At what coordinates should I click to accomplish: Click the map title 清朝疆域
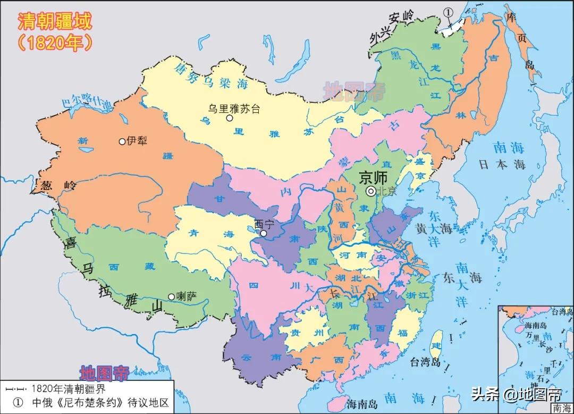click(x=55, y=21)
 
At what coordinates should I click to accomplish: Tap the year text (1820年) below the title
click(x=55, y=42)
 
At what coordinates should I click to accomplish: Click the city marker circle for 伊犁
click(x=122, y=142)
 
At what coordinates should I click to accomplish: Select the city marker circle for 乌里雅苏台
click(x=230, y=118)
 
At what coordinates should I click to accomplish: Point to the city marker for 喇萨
click(x=171, y=296)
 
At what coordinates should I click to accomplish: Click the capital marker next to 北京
click(x=370, y=192)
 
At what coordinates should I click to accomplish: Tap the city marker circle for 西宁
click(x=264, y=233)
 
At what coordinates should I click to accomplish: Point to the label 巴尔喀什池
click(x=88, y=102)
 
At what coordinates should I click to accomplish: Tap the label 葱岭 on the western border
click(x=55, y=186)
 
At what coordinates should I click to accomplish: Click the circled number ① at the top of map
click(x=449, y=12)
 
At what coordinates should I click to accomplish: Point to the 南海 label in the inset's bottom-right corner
click(x=562, y=408)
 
